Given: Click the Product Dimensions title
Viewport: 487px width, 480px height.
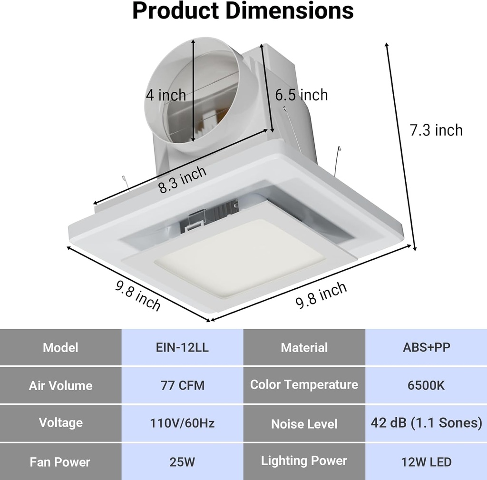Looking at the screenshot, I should [243, 11].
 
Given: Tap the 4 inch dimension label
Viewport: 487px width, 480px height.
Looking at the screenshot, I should [166, 95].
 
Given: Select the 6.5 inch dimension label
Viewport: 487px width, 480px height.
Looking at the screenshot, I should [302, 95].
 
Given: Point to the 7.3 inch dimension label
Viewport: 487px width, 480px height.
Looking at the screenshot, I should [436, 130].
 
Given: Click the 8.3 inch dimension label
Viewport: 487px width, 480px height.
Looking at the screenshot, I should [183, 179].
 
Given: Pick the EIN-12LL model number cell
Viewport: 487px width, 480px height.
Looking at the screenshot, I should [182, 347].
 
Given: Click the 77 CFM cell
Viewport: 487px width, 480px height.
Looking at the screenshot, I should [182, 385].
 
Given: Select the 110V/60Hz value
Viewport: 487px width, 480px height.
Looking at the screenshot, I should [182, 422].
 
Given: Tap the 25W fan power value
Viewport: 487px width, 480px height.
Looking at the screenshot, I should [182, 461].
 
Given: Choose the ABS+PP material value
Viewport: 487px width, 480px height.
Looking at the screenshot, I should [426, 347].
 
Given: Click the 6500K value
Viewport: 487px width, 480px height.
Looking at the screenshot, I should [426, 385].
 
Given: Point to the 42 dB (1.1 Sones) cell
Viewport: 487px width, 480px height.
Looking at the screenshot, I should [426, 422].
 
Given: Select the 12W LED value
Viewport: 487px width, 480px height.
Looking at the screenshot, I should [426, 461].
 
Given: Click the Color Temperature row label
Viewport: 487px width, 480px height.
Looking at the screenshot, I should [304, 384].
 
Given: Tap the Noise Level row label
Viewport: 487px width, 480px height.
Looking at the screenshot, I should [304, 423].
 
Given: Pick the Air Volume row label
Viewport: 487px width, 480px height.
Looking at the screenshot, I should [60, 385].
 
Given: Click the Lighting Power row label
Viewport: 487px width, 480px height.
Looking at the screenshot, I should [304, 460].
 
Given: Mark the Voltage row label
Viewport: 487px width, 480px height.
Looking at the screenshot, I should [60, 422].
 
